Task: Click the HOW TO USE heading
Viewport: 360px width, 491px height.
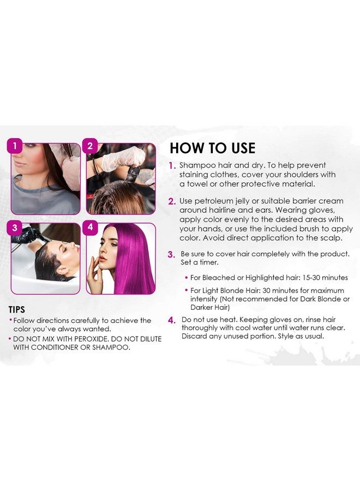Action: (212, 148)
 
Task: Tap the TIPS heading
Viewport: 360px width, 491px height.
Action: (20, 309)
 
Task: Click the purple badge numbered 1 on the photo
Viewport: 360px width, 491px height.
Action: (15, 146)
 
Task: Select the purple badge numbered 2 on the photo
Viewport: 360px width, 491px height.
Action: (91, 146)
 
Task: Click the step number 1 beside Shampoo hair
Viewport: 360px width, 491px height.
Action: (172, 165)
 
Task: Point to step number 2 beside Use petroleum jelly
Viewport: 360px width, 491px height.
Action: (172, 202)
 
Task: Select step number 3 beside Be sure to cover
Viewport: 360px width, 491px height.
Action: (172, 254)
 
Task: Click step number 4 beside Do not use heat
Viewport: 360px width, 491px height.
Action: (172, 320)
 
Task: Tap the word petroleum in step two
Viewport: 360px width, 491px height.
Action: (213, 202)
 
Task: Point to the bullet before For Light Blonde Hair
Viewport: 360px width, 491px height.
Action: (186, 291)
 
